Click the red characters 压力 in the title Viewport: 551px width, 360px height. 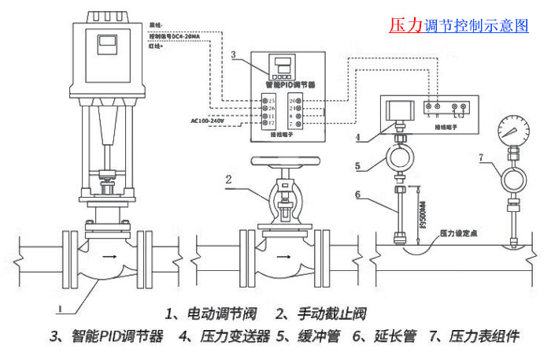click(406, 25)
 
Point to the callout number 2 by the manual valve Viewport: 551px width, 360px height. click(229, 179)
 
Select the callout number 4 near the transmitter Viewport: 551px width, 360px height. click(357, 138)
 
